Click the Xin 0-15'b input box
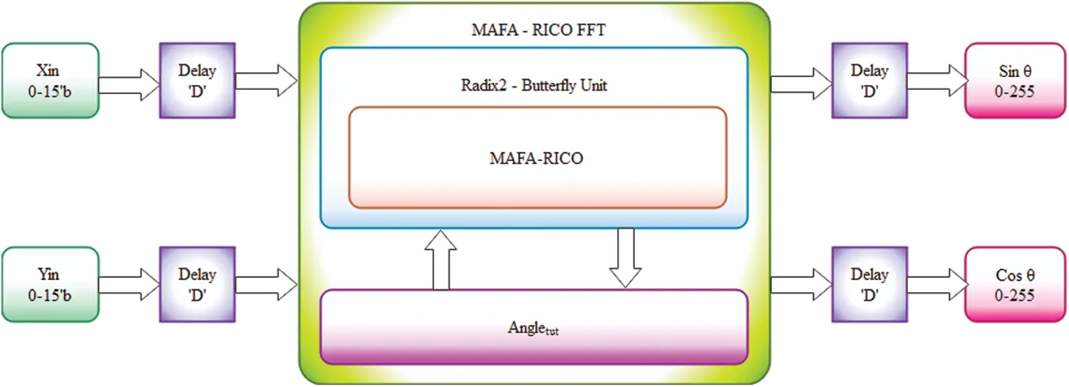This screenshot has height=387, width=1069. click(x=50, y=80)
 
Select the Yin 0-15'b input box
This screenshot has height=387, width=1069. click(x=50, y=284)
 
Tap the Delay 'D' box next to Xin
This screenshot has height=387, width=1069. click(x=197, y=80)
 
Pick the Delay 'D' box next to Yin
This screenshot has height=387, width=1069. click(x=197, y=284)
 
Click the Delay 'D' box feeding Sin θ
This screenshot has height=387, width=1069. click(x=869, y=80)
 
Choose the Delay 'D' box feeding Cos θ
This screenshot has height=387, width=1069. click(x=869, y=284)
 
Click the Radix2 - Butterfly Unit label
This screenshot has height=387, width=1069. click(x=533, y=86)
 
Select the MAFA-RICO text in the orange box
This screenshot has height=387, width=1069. click(x=536, y=158)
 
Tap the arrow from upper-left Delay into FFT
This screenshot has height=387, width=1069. click(x=266, y=80)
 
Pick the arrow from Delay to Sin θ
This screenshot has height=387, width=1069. click(x=936, y=80)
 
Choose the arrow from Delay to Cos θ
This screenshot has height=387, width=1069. click(x=936, y=284)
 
